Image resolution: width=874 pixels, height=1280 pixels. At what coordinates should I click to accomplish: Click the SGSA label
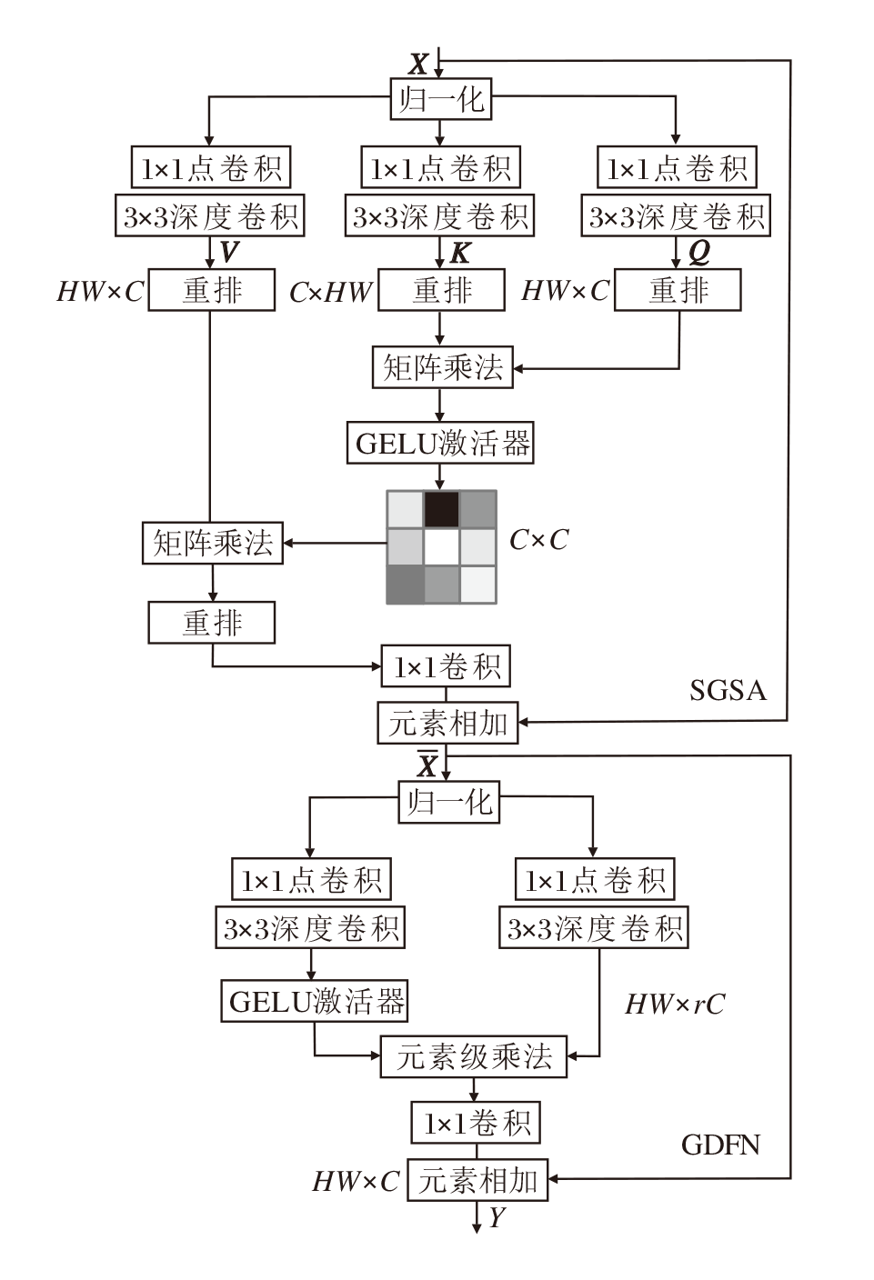tap(728, 691)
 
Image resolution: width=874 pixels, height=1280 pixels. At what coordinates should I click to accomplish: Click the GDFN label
tap(720, 1144)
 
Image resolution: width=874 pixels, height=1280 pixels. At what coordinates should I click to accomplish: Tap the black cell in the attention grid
tap(442, 509)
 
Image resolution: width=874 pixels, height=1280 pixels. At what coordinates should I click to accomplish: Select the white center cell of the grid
tap(442, 547)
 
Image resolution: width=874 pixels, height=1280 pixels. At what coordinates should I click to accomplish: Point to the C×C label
tap(538, 540)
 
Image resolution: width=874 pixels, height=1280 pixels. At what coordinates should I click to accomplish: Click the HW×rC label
tap(675, 1004)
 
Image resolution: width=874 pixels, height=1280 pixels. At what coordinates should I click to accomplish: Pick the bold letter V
tap(230, 252)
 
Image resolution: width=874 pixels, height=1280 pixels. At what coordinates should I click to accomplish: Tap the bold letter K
tap(460, 252)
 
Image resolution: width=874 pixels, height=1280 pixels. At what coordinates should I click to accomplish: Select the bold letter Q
tap(698, 252)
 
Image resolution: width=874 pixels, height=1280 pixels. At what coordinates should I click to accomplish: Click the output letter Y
tap(497, 1217)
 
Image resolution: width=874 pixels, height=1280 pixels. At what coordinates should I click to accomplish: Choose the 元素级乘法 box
tap(473, 1056)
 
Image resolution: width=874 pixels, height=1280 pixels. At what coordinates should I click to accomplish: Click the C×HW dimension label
tap(331, 292)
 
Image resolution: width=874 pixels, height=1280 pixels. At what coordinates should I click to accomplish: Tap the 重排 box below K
tap(441, 291)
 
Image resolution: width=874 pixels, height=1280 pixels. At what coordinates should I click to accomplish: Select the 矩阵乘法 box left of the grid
tap(213, 544)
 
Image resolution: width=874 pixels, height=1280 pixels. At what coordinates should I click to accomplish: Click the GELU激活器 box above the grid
tap(441, 444)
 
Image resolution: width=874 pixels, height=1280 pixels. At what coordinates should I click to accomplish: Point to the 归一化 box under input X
tap(441, 98)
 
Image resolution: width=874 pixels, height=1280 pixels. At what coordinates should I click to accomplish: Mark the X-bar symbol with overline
tap(427, 765)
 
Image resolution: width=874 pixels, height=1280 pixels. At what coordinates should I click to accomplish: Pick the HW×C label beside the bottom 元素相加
tap(356, 1181)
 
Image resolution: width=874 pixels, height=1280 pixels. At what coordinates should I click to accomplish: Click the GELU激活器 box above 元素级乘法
tap(315, 1002)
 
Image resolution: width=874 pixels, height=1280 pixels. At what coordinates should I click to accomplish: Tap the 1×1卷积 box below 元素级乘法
tap(476, 1124)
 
